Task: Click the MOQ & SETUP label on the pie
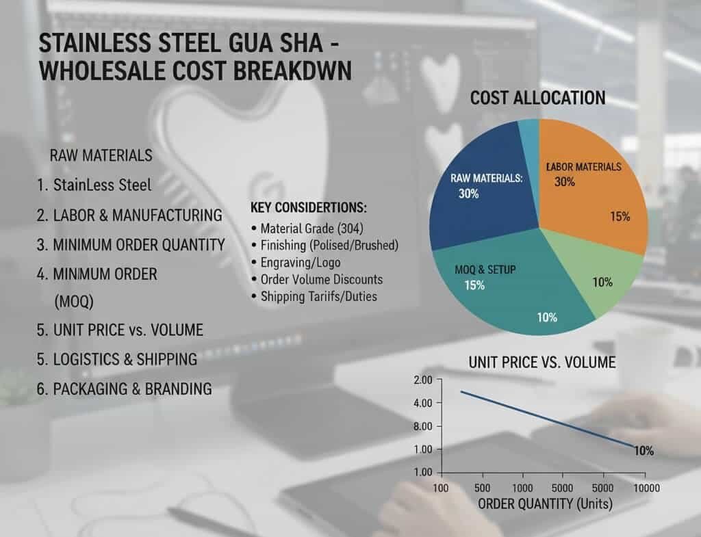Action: click(x=485, y=270)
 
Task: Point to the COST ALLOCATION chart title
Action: click(x=537, y=98)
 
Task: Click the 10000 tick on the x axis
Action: click(x=645, y=488)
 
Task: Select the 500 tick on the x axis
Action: click(x=483, y=488)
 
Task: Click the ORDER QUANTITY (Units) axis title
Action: click(x=546, y=505)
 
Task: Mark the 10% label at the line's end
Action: click(x=643, y=451)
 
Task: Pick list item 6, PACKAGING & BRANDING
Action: click(x=124, y=389)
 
